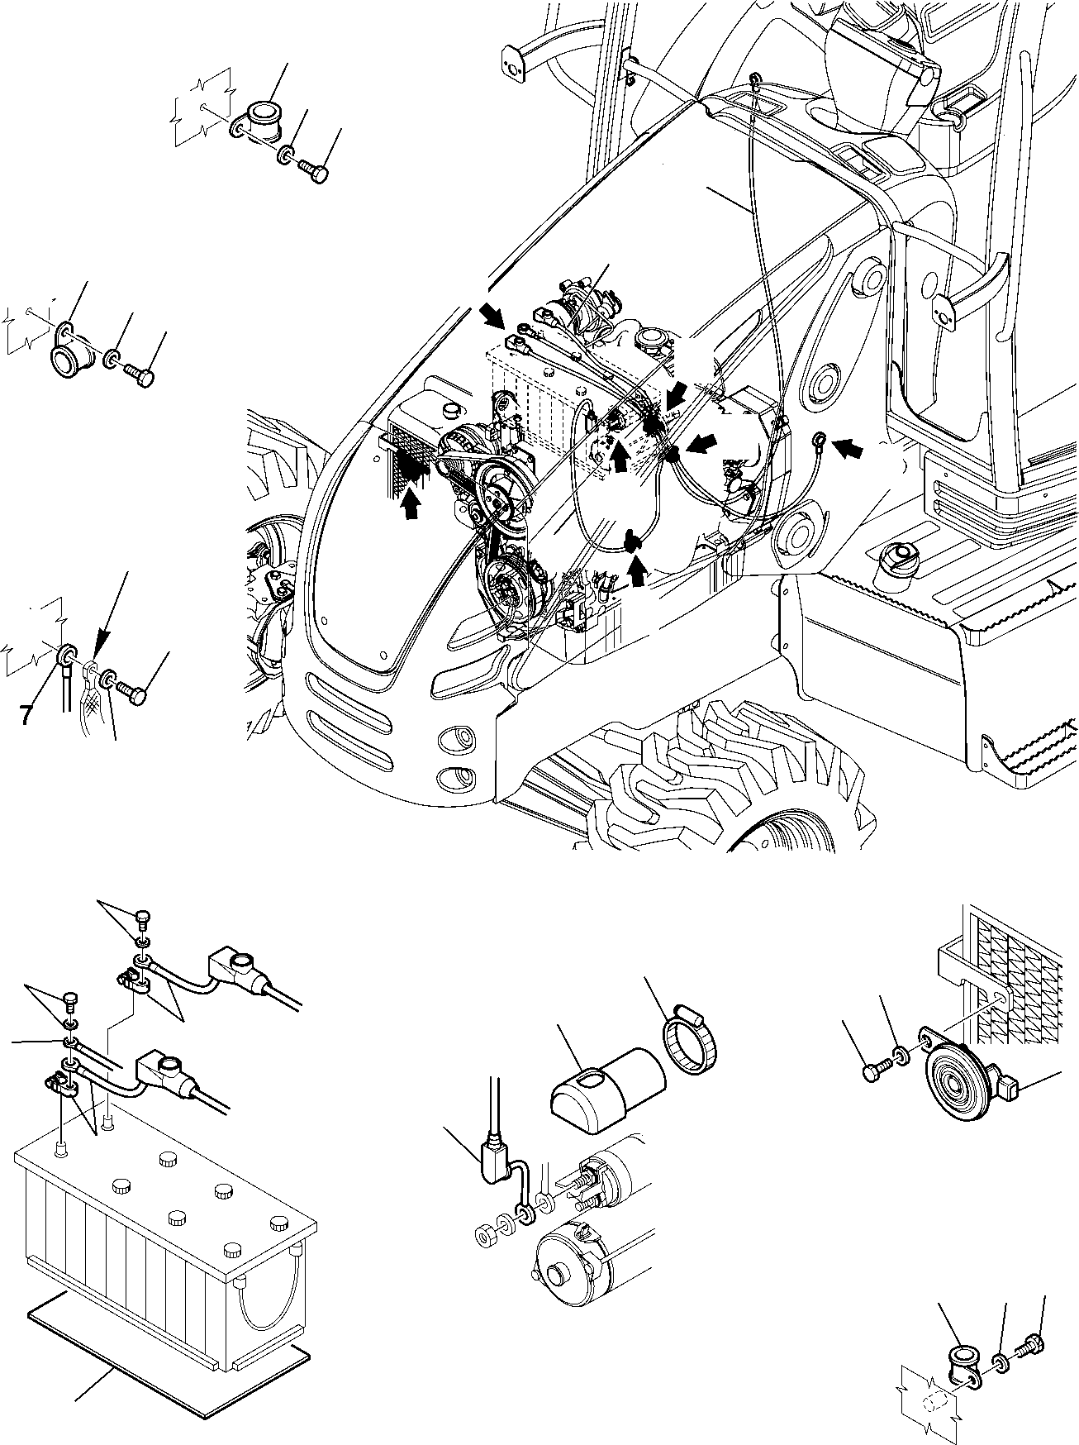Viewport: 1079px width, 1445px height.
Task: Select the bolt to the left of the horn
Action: point(874,1071)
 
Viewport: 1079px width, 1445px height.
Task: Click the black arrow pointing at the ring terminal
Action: point(851,449)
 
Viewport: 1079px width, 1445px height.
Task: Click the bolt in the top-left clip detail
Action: point(319,171)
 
